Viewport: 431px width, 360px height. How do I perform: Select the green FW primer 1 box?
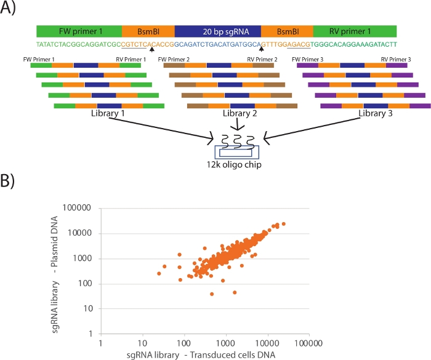coord(79,31)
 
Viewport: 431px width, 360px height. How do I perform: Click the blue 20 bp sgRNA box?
coord(218,31)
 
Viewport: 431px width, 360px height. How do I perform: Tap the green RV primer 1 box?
coord(355,31)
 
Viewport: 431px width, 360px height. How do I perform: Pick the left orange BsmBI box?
coord(148,31)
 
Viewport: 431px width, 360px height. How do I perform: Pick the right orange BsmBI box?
coord(287,31)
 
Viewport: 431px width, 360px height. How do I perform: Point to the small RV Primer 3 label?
coord(396,60)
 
